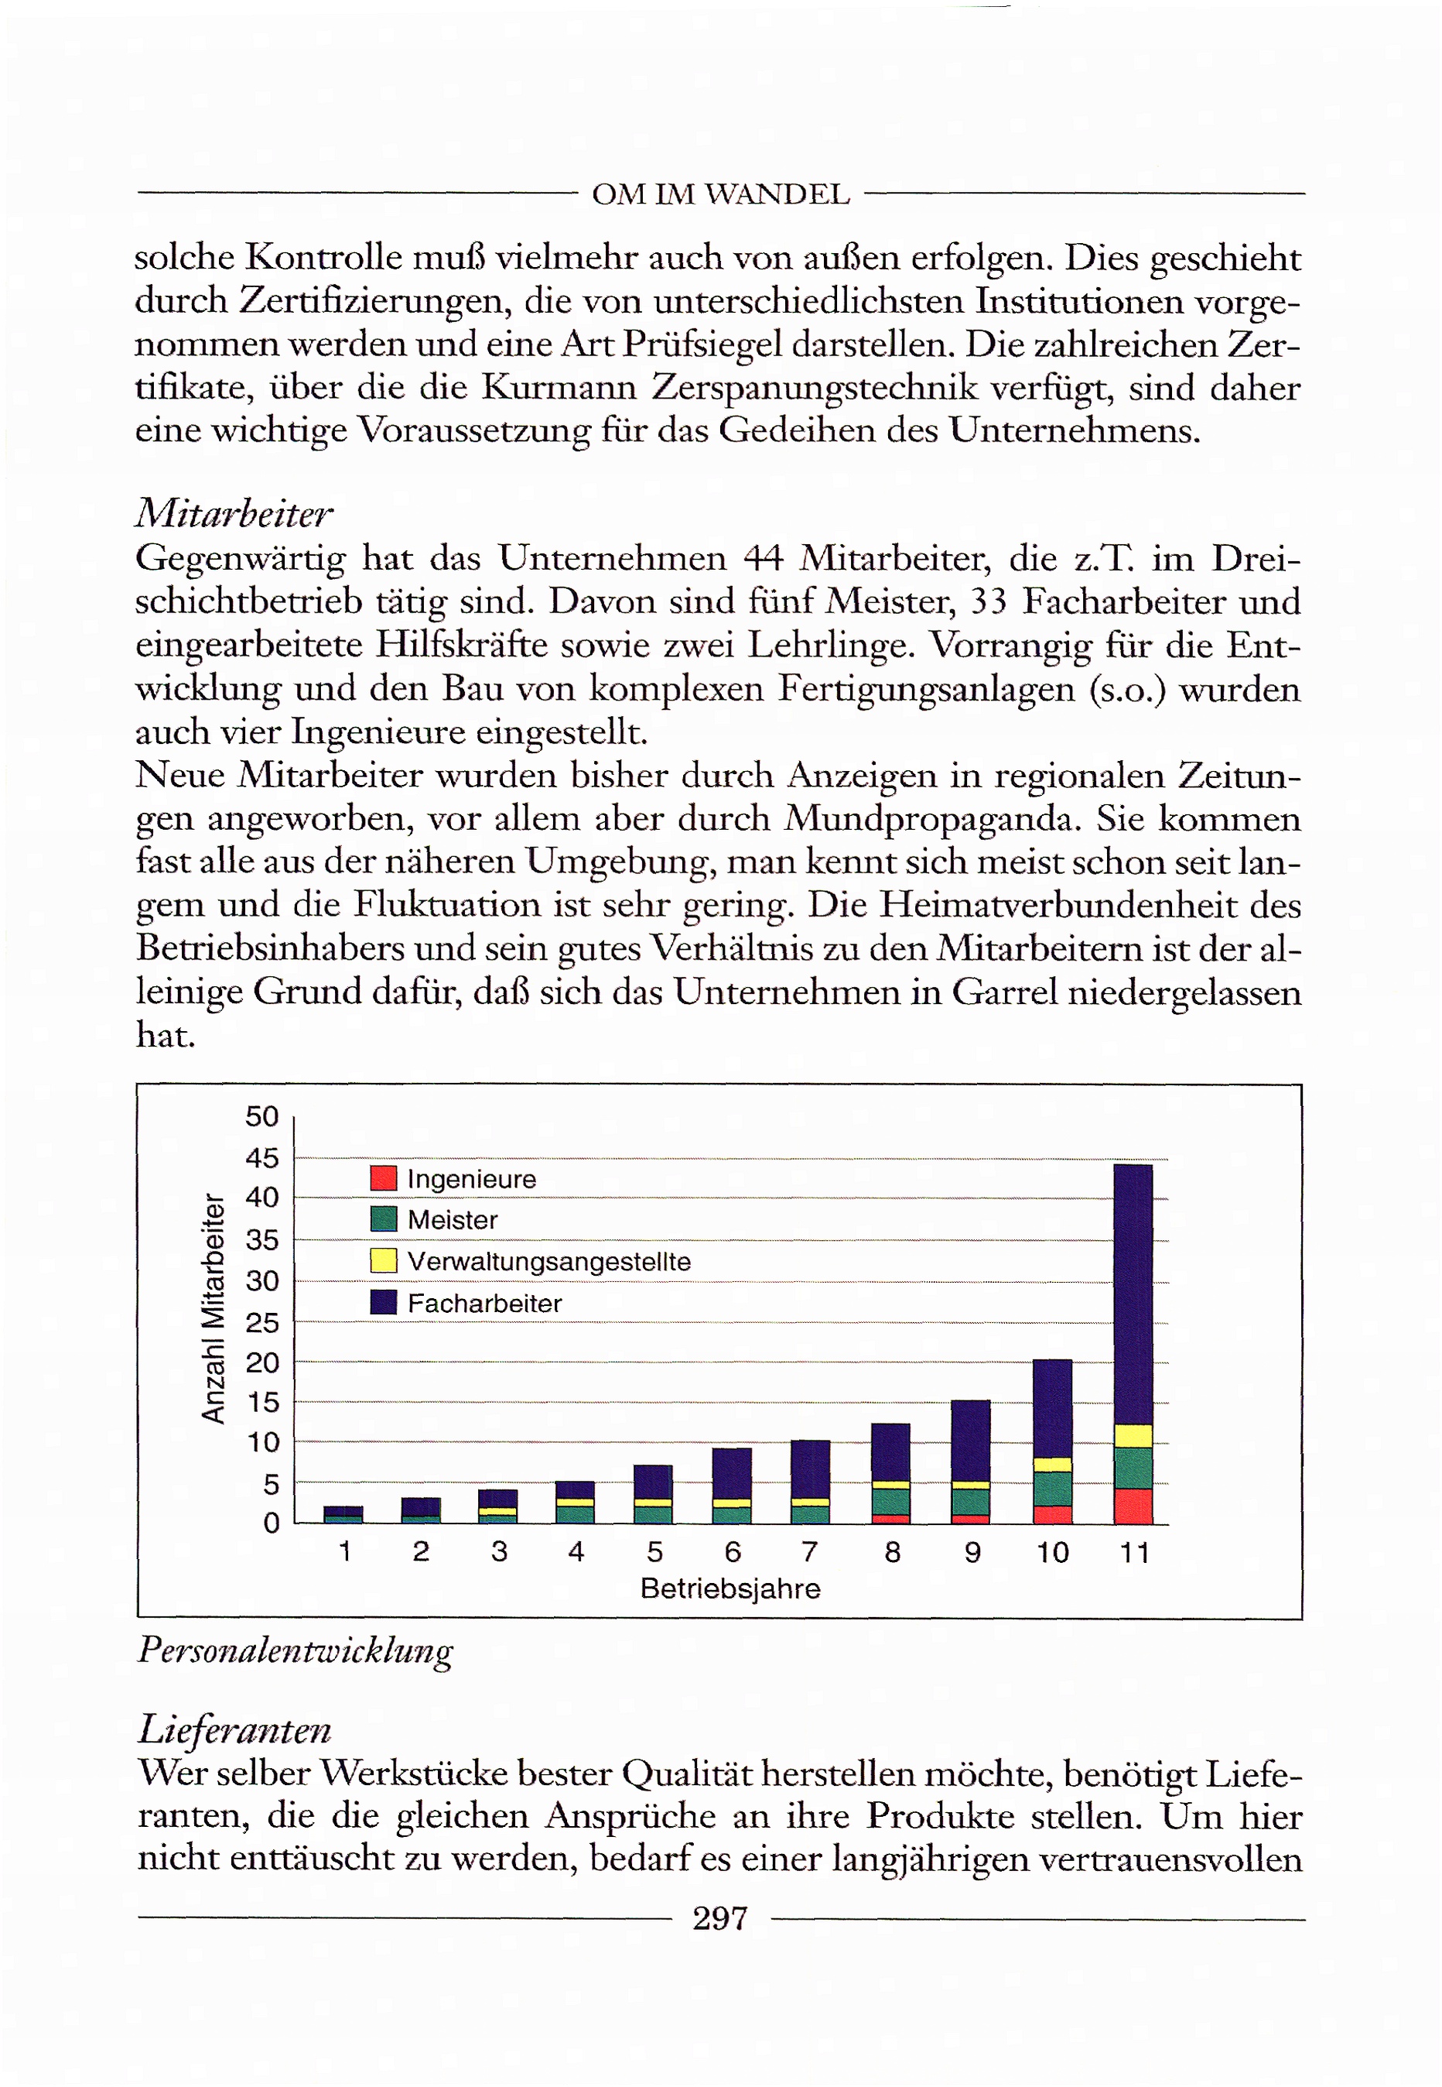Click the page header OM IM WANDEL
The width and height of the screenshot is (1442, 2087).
[720, 194]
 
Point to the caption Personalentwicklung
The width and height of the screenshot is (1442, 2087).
[295, 1650]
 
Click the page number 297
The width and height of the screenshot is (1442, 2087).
[720, 1918]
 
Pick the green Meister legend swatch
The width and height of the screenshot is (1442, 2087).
[384, 1219]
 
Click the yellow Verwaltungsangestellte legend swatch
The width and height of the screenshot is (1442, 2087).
[384, 1261]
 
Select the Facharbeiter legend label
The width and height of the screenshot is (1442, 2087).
[484, 1304]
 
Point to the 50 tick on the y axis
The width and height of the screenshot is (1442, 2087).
[262, 1116]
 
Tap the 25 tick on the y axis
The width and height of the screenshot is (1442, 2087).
[262, 1323]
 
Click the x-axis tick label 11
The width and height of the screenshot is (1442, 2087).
[1134, 1553]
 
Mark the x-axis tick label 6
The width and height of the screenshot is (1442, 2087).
[733, 1552]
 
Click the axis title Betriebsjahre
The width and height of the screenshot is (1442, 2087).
[730, 1589]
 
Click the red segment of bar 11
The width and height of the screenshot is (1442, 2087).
[1133, 1506]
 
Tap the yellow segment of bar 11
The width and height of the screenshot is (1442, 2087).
[1133, 1436]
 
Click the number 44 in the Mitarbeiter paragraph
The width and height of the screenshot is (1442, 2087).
[763, 559]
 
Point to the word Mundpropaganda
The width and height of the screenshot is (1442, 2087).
[931, 819]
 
